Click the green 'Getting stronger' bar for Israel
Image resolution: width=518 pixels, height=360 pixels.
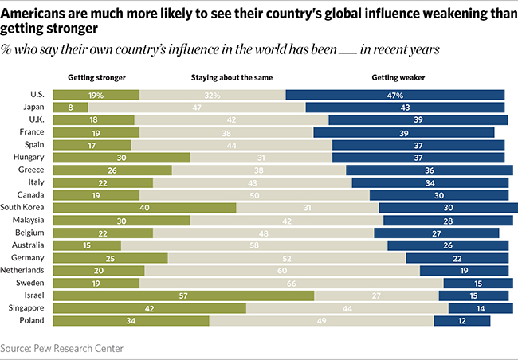(x=183, y=295)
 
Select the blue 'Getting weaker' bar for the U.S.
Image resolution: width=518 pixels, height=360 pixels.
(x=394, y=95)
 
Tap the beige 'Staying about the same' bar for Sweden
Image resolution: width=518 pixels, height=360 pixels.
(x=291, y=282)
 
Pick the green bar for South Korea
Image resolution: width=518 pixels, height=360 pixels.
(x=144, y=207)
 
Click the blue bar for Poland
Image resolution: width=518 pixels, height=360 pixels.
(x=461, y=320)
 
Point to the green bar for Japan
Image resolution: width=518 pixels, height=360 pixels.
(x=70, y=107)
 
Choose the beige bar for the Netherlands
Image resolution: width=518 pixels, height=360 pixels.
(x=282, y=270)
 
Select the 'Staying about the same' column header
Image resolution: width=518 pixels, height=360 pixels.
(x=227, y=78)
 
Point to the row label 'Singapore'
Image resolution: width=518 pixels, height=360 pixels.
(x=28, y=307)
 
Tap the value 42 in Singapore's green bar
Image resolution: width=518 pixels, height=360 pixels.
(x=149, y=308)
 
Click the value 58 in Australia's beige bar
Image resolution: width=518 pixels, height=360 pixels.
(x=254, y=245)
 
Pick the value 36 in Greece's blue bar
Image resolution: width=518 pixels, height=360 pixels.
(x=430, y=170)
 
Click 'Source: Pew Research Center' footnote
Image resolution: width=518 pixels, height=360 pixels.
(x=62, y=348)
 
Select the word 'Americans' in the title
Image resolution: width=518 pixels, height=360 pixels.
(x=35, y=10)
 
